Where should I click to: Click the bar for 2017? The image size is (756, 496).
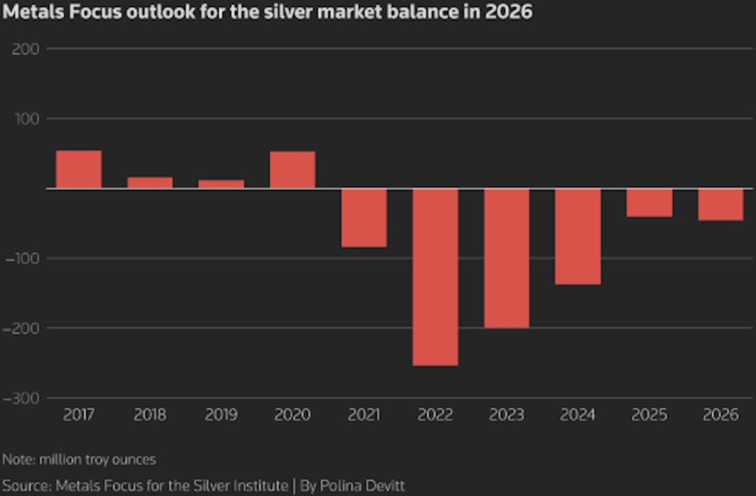click(x=78, y=169)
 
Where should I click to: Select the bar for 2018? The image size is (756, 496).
click(x=150, y=182)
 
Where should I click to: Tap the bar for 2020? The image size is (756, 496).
click(x=292, y=170)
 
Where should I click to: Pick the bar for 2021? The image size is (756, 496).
click(x=364, y=218)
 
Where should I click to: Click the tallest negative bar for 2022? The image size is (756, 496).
click(x=435, y=277)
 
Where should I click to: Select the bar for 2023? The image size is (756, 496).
click(x=506, y=257)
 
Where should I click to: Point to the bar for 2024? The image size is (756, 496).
click(x=578, y=236)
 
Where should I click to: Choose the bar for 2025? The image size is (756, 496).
click(x=649, y=202)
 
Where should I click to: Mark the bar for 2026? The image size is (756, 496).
click(x=720, y=205)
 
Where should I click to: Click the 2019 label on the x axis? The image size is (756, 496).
click(x=221, y=415)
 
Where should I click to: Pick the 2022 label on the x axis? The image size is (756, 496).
click(x=435, y=415)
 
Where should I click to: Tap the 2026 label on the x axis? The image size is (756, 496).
click(x=720, y=415)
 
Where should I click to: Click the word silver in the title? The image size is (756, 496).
click(x=330, y=12)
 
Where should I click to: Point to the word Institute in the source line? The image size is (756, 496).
click(x=258, y=486)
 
